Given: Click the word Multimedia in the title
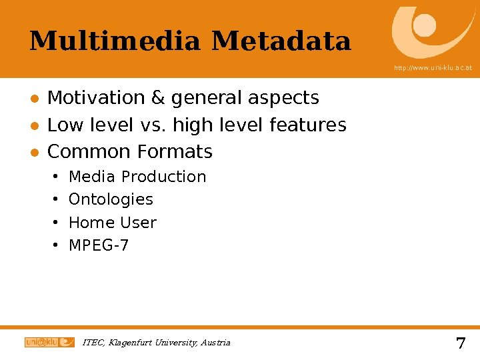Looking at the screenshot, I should coord(115,41).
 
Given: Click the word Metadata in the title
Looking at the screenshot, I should coord(281,41).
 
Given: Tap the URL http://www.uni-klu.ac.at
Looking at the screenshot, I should coord(433,68).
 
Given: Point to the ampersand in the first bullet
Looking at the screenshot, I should coord(158,98).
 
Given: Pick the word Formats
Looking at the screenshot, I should coord(175,152).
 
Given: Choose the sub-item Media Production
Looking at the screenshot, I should coord(137,177).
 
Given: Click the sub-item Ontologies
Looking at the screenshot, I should coord(111,199).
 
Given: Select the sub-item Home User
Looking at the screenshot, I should coord(112,223).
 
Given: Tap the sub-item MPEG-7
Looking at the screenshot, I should coord(99,245).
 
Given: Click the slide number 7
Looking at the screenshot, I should coord(460,344).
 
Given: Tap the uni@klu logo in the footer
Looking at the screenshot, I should coord(49,342).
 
